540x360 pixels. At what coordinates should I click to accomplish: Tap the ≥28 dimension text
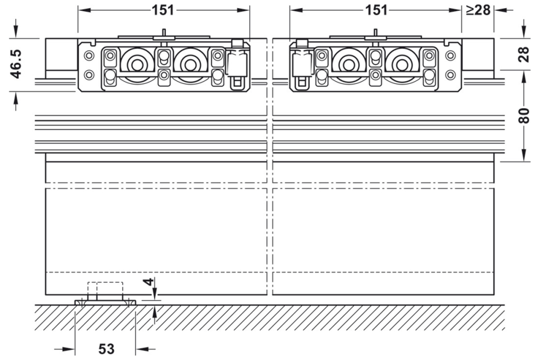pyautogui.click(x=477, y=10)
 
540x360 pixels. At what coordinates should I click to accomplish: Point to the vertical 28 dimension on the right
pyautogui.click(x=524, y=55)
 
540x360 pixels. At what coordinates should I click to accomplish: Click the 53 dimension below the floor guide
pyautogui.click(x=106, y=349)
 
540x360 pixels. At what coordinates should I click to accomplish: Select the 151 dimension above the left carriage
pyautogui.click(x=163, y=10)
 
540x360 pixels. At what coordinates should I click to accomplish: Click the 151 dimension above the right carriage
pyautogui.click(x=376, y=10)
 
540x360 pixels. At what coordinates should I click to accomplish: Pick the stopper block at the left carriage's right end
pyautogui.click(x=235, y=62)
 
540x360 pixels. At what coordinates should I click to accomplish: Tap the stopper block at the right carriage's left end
pyautogui.click(x=302, y=62)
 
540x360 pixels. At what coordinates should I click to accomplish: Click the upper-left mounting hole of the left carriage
pyautogui.click(x=89, y=55)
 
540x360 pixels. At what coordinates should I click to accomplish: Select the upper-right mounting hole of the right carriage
pyautogui.click(x=450, y=55)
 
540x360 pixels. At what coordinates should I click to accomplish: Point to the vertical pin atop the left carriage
pyautogui.click(x=163, y=34)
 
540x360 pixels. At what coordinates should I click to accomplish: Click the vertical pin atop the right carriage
pyautogui.click(x=376, y=34)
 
